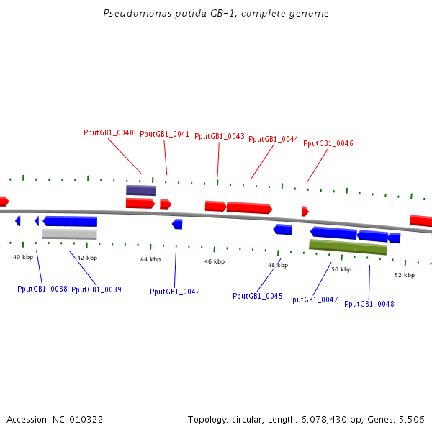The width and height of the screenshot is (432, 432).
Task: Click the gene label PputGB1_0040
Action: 109,132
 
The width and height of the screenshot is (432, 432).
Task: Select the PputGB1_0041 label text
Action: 164,134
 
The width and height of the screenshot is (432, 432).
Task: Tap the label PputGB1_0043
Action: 220,136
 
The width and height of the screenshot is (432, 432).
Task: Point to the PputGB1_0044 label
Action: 274,139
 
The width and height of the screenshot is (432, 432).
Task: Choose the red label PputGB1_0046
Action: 328,143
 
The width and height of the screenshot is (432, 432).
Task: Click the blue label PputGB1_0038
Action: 42,289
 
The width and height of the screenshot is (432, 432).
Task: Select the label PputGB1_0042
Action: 175,292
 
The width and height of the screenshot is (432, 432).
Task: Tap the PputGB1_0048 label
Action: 369,304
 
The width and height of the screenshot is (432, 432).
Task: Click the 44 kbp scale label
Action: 150,259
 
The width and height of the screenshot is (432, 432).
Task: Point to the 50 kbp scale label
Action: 341,269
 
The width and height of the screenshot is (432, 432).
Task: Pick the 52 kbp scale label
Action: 405,275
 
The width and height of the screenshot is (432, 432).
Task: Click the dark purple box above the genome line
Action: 140,190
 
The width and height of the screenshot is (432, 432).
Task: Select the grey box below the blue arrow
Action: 69,234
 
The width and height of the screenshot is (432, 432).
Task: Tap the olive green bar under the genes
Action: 348,247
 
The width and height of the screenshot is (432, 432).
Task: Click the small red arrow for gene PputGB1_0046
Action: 305,211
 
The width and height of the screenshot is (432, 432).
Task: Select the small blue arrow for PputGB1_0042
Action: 177,224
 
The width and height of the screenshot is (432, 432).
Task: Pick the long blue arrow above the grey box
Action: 70,221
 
